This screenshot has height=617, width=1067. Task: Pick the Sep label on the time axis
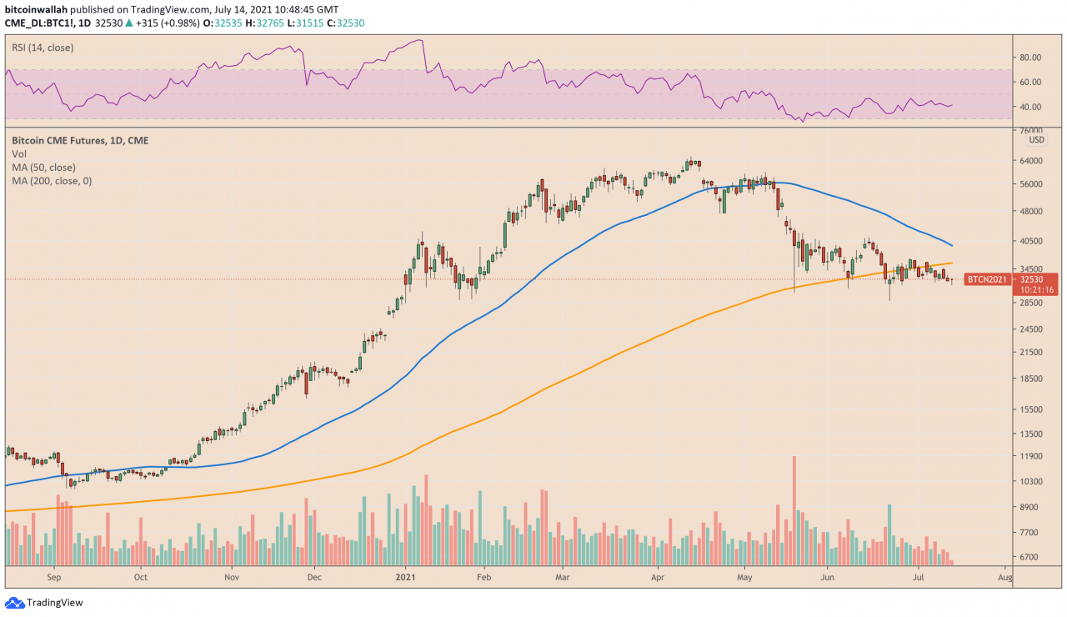pyautogui.click(x=54, y=576)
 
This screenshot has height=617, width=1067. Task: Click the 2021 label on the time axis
pyautogui.click(x=405, y=576)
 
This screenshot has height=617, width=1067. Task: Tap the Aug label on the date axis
pyautogui.click(x=1004, y=576)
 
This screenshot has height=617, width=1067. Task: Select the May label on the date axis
pyautogui.click(x=744, y=576)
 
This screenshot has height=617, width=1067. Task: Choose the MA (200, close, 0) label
pyautogui.click(x=52, y=180)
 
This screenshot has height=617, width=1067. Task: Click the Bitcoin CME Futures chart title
pyautogui.click(x=80, y=141)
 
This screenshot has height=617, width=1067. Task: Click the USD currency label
pyautogui.click(x=1036, y=139)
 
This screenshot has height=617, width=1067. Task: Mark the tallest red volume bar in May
pyautogui.click(x=794, y=510)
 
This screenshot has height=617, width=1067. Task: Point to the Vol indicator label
pyautogui.click(x=19, y=154)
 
